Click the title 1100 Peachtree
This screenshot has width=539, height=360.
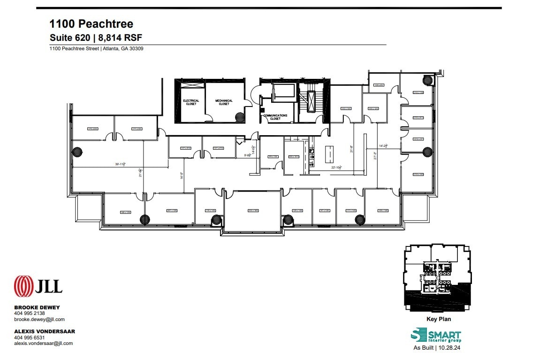tap(91, 24)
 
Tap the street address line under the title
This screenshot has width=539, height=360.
tap(97, 48)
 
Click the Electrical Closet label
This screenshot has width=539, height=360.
tap(191, 102)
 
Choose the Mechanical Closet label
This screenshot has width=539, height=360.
tap(224, 102)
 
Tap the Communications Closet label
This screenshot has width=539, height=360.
tap(275, 117)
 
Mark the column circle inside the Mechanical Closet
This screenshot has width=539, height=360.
tap(239, 117)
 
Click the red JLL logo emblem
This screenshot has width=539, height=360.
tap(23, 286)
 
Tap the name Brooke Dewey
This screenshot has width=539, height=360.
tap(37, 307)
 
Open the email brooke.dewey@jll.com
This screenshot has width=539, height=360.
tap(39, 319)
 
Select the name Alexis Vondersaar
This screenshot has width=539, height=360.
tap(45, 331)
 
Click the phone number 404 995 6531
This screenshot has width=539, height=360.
tap(30, 337)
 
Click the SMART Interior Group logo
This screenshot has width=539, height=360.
tap(435, 336)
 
